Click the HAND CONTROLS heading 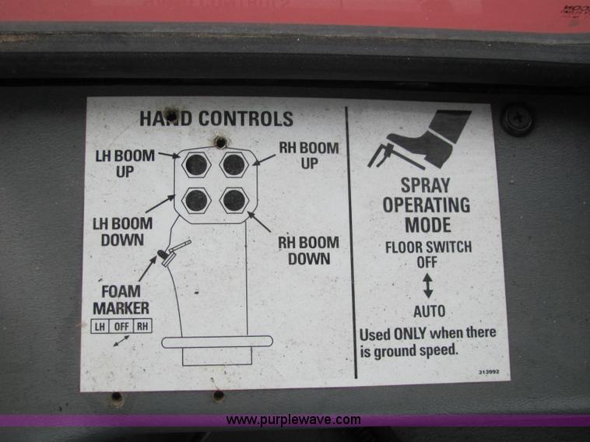pyautogui.click(x=216, y=118)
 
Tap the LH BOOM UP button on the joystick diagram pyautogui.click(x=196, y=164)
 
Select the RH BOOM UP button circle pyautogui.click(x=234, y=164)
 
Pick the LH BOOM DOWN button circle pyautogui.click(x=196, y=200)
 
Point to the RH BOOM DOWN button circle pyautogui.click(x=234, y=200)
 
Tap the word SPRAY pyautogui.click(x=426, y=185)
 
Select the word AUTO pyautogui.click(x=430, y=311)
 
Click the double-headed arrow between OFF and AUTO pyautogui.click(x=428, y=286)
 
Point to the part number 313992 pyautogui.click(x=489, y=372)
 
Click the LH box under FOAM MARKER pyautogui.click(x=100, y=326)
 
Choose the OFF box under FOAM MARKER pyautogui.click(x=121, y=326)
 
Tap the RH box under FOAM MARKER pyautogui.click(x=142, y=326)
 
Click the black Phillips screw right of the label pyautogui.click(x=518, y=120)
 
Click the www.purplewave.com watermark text pyautogui.click(x=293, y=419)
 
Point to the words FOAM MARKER pyautogui.click(x=121, y=300)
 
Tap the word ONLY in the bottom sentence pyautogui.click(x=409, y=334)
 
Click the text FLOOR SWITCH pyautogui.click(x=429, y=247)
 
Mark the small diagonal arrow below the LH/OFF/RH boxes pyautogui.click(x=121, y=341)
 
